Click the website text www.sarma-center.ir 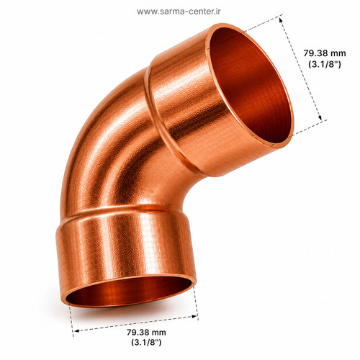point(179,12)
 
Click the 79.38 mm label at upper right point(325,53)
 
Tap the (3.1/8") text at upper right point(325,64)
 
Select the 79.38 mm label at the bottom point(146,333)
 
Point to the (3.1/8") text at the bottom point(146,342)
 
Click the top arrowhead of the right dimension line point(281,21)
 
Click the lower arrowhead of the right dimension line point(320,117)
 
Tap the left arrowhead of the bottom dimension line point(76,331)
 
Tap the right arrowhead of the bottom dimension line point(194,317)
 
